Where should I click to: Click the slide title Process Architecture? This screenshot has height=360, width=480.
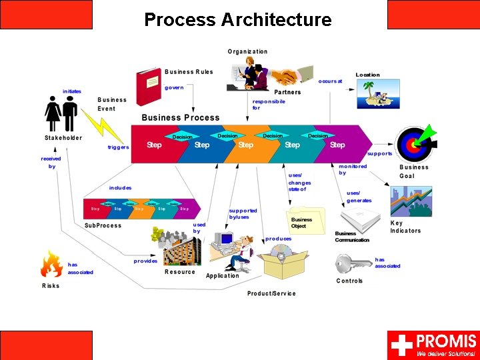(237, 20)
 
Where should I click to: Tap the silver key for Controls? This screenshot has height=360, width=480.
(353, 264)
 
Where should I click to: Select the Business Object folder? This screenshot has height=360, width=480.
(305, 220)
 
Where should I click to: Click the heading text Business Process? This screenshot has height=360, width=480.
(181, 118)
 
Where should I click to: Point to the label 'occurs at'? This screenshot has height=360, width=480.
(330, 81)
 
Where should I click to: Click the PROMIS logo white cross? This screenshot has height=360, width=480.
(402, 345)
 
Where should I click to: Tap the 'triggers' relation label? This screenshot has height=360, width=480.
(118, 147)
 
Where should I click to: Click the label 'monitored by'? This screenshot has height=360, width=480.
(352, 169)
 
